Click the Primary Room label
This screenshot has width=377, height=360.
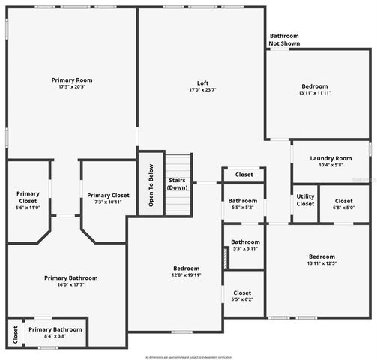pos(72,79)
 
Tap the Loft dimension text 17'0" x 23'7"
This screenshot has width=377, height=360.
pos(202,90)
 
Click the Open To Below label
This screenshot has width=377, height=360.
pos(151,185)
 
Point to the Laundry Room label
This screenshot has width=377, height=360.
pos(331,158)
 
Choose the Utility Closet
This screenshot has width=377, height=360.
pos(305,200)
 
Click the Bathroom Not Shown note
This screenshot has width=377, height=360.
pos(284,40)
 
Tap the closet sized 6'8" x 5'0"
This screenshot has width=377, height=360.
pos(343,204)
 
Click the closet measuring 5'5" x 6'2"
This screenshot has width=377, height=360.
pos(243,295)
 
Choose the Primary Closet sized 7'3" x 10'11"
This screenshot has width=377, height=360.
pos(108,199)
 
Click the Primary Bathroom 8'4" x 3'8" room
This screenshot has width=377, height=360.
pos(55,332)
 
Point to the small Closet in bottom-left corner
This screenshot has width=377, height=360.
pos(14,332)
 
